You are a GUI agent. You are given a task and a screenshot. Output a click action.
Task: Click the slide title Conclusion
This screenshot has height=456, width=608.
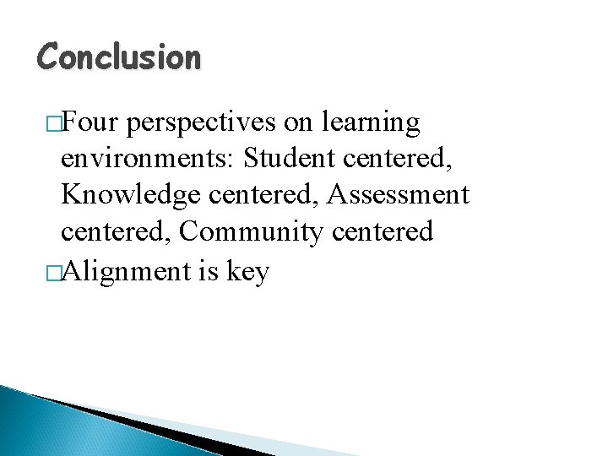pyautogui.click(x=119, y=57)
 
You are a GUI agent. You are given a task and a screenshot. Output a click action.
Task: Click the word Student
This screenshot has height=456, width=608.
pyautogui.click(x=289, y=159)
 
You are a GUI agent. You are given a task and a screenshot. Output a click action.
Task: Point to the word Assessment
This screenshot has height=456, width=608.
pyautogui.click(x=397, y=195)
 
